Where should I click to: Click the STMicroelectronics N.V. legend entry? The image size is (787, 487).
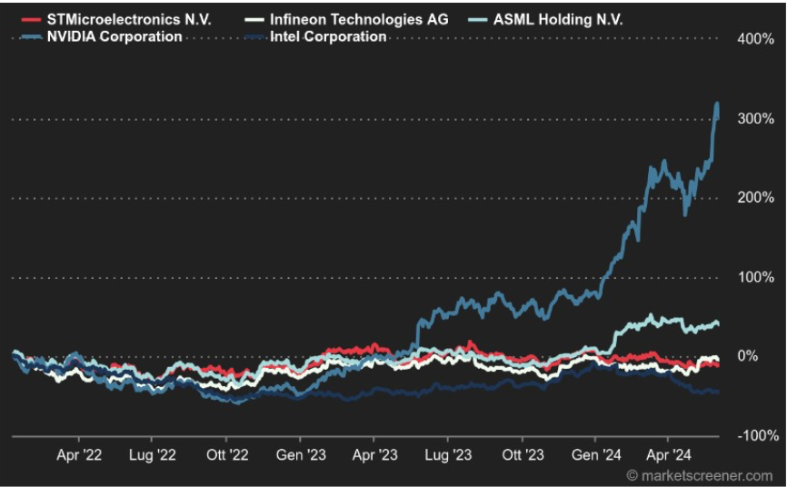tap(128, 19)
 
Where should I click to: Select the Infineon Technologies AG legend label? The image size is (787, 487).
tap(359, 19)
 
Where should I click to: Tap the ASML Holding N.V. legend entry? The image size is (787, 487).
tap(558, 19)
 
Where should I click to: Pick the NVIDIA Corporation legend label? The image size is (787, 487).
tap(114, 36)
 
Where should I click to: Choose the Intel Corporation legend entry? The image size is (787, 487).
tap(328, 36)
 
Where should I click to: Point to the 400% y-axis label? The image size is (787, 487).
tap(755, 40)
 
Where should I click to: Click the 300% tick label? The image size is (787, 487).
tap(755, 119)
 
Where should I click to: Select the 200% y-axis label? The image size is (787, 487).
tap(755, 198)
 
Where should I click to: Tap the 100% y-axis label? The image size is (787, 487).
tap(755, 277)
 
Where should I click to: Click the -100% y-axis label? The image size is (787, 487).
tap(753, 435)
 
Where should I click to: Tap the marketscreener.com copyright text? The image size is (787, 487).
tap(699, 475)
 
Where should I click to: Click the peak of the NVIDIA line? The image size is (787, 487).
tap(717, 104)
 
